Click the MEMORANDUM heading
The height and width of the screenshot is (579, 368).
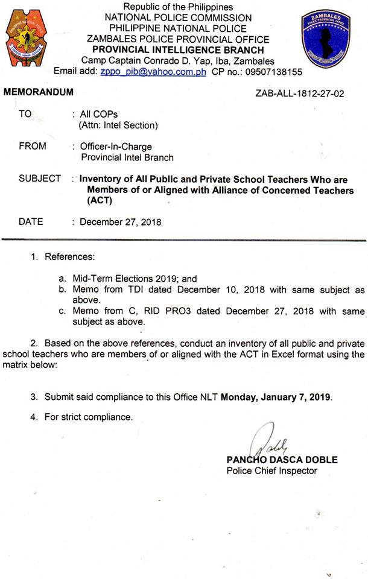pyautogui.click(x=39, y=92)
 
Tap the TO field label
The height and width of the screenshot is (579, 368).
pyautogui.click(x=25, y=113)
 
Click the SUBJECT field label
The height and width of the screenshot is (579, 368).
pyautogui.click(x=40, y=179)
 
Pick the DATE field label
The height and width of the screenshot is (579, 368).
pyautogui.click(x=31, y=221)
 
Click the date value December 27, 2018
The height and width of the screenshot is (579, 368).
pyautogui.click(x=121, y=222)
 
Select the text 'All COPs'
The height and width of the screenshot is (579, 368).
pyautogui.click(x=99, y=114)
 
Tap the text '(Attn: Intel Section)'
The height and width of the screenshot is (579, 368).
pyautogui.click(x=118, y=125)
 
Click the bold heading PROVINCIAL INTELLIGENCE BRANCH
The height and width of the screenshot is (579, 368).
pyautogui.click(x=177, y=50)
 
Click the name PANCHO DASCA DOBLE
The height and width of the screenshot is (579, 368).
pyautogui.click(x=282, y=460)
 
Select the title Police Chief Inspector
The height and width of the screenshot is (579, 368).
pyautogui.click(x=271, y=470)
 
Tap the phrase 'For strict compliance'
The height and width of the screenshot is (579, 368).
pyautogui.click(x=88, y=417)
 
